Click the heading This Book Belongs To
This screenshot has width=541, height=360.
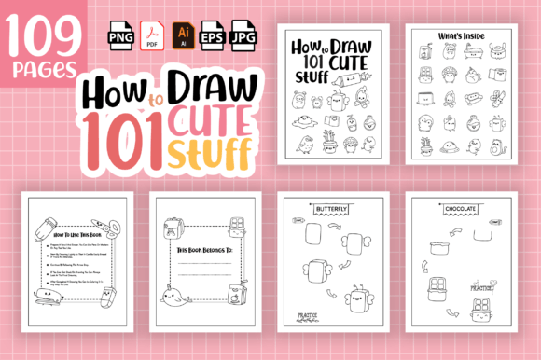pyautogui.click(x=201, y=251)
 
